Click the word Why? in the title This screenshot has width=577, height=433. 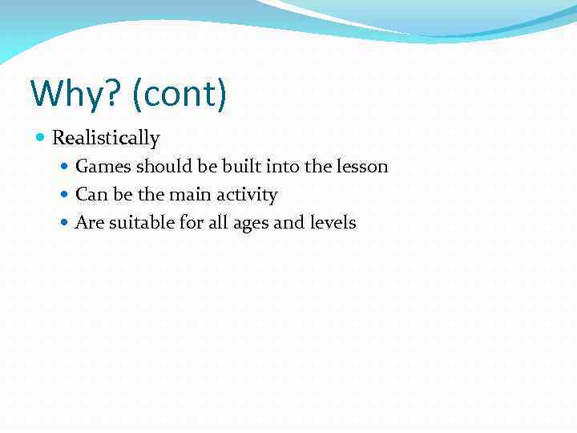click(x=74, y=94)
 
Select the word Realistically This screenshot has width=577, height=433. click(x=106, y=138)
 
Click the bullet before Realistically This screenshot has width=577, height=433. click(x=42, y=138)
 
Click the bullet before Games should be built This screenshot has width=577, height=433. click(x=66, y=167)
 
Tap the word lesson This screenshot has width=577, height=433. click(x=361, y=167)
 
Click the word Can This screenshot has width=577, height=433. click(x=90, y=195)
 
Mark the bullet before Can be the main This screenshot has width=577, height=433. click(x=66, y=195)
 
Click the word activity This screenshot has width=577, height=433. click(x=248, y=195)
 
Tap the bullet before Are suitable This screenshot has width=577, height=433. click(x=66, y=223)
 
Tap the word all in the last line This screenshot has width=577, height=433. click(x=218, y=223)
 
